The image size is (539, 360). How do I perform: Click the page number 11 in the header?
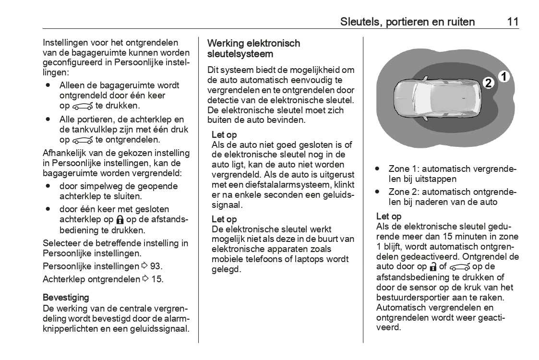pyautogui.click(x=512, y=22)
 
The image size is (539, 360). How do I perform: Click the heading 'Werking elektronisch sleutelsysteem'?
pyautogui.click(x=253, y=48)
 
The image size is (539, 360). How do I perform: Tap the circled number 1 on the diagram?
pyautogui.click(x=503, y=76)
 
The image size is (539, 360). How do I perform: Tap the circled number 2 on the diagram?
pyautogui.click(x=488, y=83)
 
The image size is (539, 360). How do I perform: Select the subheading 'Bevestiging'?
pyautogui.click(x=66, y=298)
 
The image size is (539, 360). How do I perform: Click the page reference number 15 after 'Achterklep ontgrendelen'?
pyautogui.click(x=157, y=279)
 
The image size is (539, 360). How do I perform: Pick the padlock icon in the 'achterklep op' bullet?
pyautogui.click(x=120, y=220)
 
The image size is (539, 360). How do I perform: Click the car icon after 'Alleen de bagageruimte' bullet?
pyautogui.click(x=83, y=106)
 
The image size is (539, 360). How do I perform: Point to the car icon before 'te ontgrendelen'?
pyautogui.click(x=83, y=140)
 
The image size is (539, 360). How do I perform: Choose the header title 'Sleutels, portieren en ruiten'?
pyautogui.click(x=407, y=22)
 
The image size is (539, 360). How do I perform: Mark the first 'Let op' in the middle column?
pyautogui.click(x=224, y=135)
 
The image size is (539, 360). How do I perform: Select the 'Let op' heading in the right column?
pyautogui.click(x=389, y=216)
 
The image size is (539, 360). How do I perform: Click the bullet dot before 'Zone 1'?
pyautogui.click(x=378, y=169)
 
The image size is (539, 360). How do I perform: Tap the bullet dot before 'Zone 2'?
pyautogui.click(x=378, y=192)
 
